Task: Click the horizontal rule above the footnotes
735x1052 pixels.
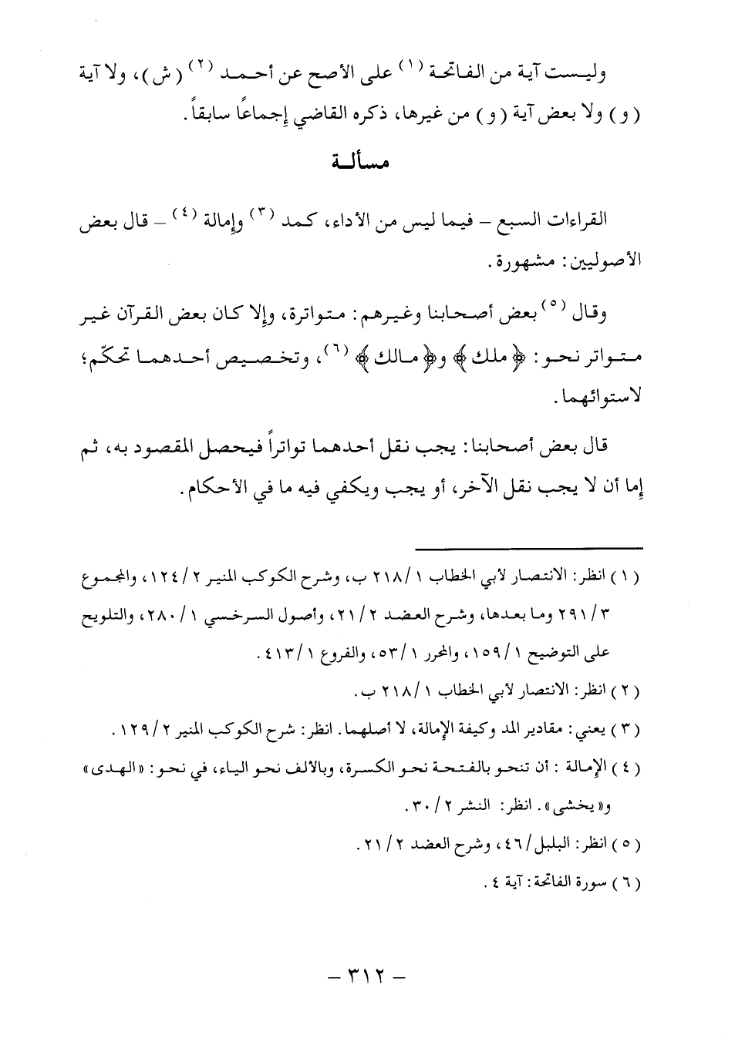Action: (528, 547)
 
